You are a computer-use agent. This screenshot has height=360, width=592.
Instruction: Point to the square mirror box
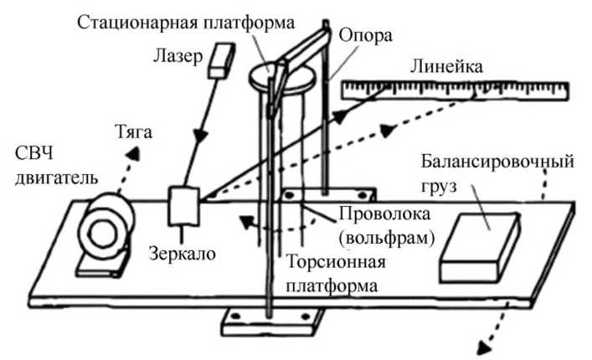pos(182,205)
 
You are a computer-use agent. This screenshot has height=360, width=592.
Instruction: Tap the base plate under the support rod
pos(272,322)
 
